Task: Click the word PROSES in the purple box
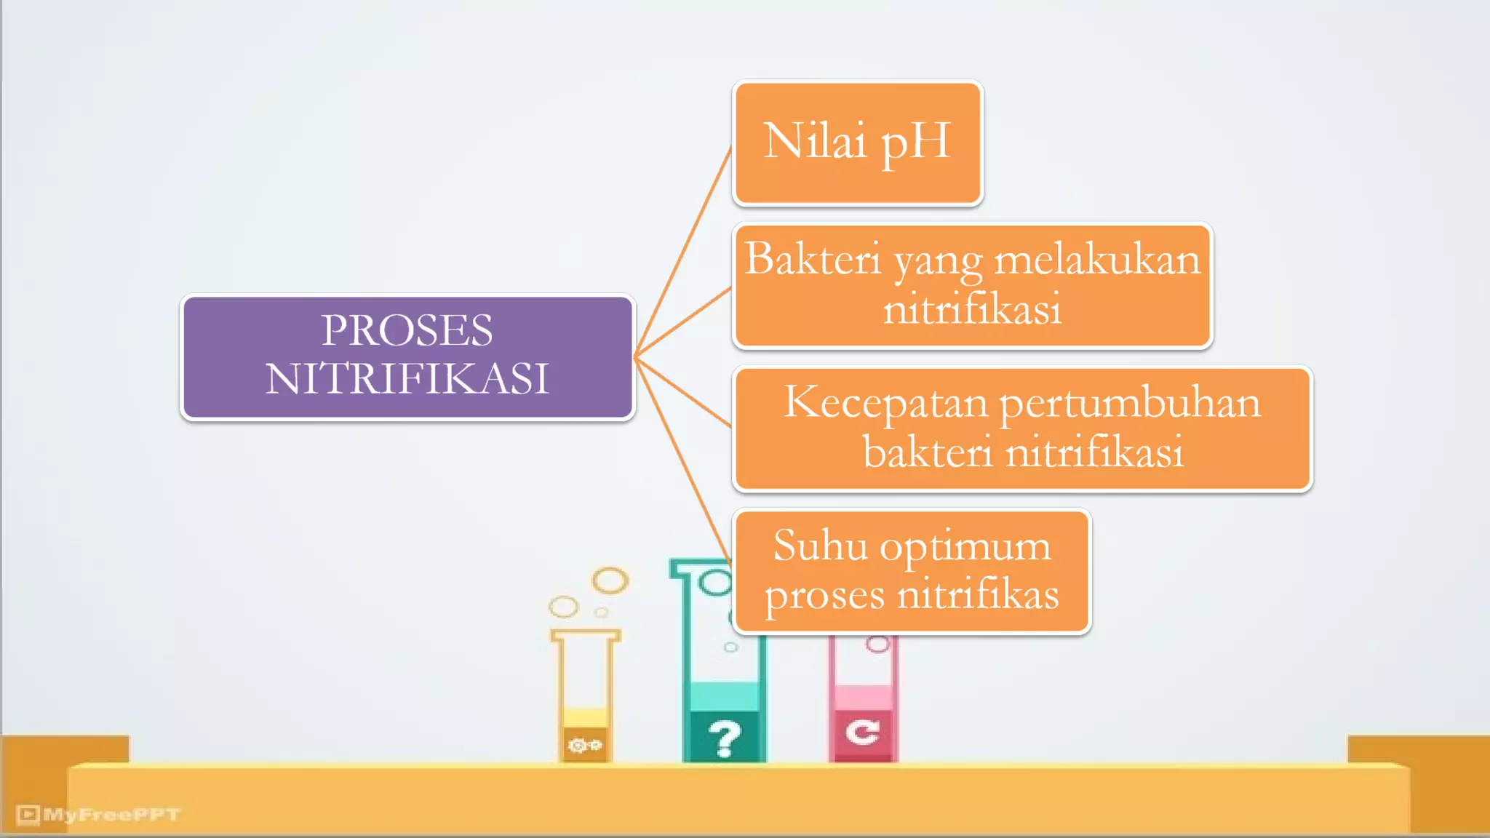pos(407,330)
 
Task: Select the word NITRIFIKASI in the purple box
pos(407,379)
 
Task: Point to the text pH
pos(915,142)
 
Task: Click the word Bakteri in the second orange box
pos(813,259)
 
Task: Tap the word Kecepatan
pos(885,402)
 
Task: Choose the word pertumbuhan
pos(1130,402)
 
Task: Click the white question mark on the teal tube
pos(725,738)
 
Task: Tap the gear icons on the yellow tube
pos(585,745)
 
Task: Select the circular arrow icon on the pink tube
pos(863,733)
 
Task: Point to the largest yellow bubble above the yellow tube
pos(610,580)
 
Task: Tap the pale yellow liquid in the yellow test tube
pos(585,717)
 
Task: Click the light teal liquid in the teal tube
pos(724,696)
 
